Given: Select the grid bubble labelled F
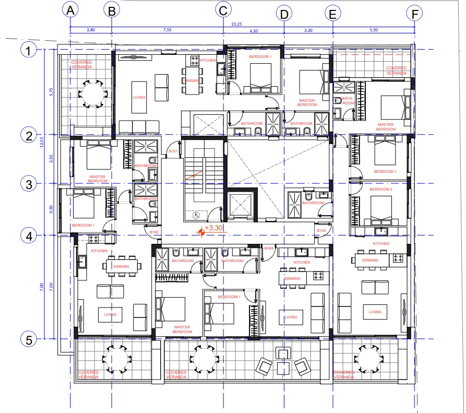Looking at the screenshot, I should pyautogui.click(x=415, y=14).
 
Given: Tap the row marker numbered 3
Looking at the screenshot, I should pyautogui.click(x=28, y=184).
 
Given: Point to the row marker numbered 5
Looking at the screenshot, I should pyautogui.click(x=28, y=339).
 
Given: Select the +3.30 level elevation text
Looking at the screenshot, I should pyautogui.click(x=214, y=228).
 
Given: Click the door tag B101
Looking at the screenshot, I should pyautogui.click(x=173, y=152).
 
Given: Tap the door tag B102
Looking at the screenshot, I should pyautogui.click(x=154, y=232).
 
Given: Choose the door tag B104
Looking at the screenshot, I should pyautogui.click(x=321, y=230).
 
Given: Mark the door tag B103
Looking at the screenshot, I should pyautogui.click(x=269, y=249).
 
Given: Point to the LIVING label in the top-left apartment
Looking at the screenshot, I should pyautogui.click(x=139, y=98).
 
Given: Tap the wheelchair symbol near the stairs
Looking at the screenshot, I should pyautogui.click(x=196, y=214).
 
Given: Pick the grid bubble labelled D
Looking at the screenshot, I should pyautogui.click(x=284, y=14).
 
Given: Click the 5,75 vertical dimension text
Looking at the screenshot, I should pyautogui.click(x=51, y=91).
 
